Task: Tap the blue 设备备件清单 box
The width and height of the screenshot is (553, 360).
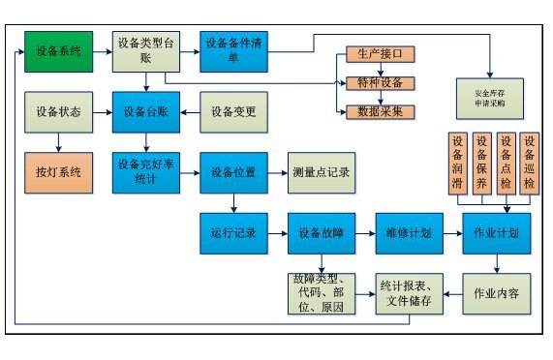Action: click(x=232, y=51)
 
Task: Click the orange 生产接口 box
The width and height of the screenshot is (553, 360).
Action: click(x=380, y=53)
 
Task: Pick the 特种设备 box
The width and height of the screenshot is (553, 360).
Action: click(x=380, y=83)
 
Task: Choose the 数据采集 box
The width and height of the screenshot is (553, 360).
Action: click(x=380, y=111)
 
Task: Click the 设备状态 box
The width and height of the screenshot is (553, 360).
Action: click(x=59, y=112)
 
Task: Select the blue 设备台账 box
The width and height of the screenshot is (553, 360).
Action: click(x=145, y=112)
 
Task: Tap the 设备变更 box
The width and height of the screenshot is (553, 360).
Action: click(x=232, y=112)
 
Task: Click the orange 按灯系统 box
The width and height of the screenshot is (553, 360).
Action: click(x=59, y=172)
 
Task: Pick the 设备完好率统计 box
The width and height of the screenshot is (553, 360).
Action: click(x=144, y=172)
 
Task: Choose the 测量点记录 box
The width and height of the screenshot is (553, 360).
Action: click(x=321, y=172)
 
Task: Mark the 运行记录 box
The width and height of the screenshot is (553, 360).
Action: click(x=232, y=233)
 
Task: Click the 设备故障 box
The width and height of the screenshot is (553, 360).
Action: click(x=321, y=233)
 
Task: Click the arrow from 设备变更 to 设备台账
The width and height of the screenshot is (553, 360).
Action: click(x=189, y=112)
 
